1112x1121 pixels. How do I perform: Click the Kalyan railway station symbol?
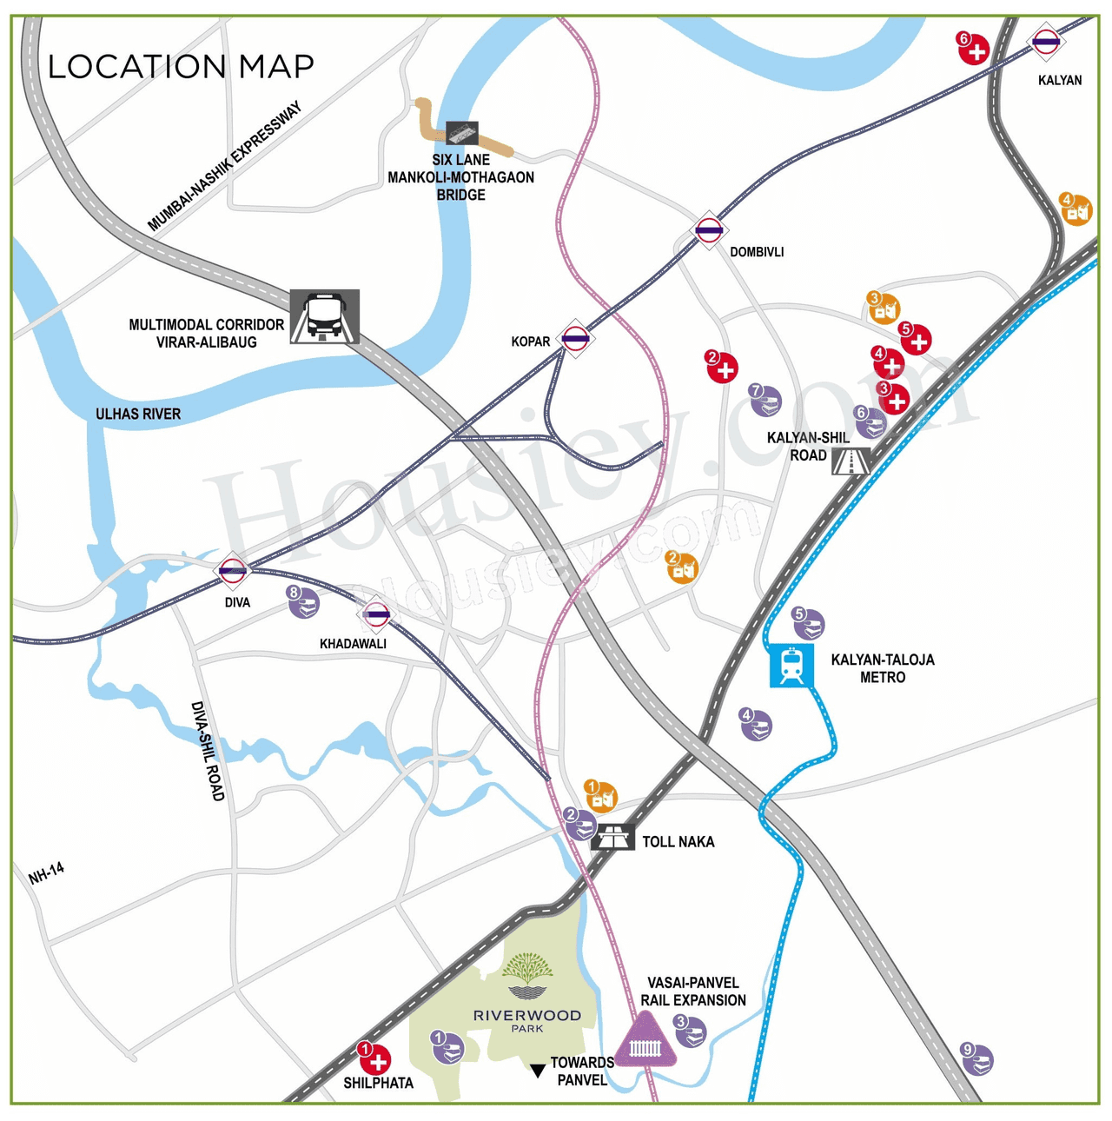point(1045,41)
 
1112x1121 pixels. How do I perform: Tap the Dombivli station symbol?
point(709,231)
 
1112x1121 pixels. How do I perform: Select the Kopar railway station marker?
point(575,339)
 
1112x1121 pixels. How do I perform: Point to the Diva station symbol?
point(232,571)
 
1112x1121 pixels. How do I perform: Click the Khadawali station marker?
point(376,614)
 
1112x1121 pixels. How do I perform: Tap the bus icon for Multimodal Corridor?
point(324,316)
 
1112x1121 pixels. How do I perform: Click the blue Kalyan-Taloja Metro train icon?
point(791,666)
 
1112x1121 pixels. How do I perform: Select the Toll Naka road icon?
point(613,838)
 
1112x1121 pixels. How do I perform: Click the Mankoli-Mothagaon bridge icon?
point(461,133)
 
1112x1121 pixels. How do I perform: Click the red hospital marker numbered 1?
point(375,1058)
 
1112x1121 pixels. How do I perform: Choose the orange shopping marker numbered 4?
point(1076,209)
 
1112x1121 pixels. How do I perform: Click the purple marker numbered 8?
point(303,601)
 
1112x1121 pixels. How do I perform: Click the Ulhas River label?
point(138,415)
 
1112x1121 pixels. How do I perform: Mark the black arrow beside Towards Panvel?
point(538,1071)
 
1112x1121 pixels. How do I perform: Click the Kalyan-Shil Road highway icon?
point(851,461)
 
